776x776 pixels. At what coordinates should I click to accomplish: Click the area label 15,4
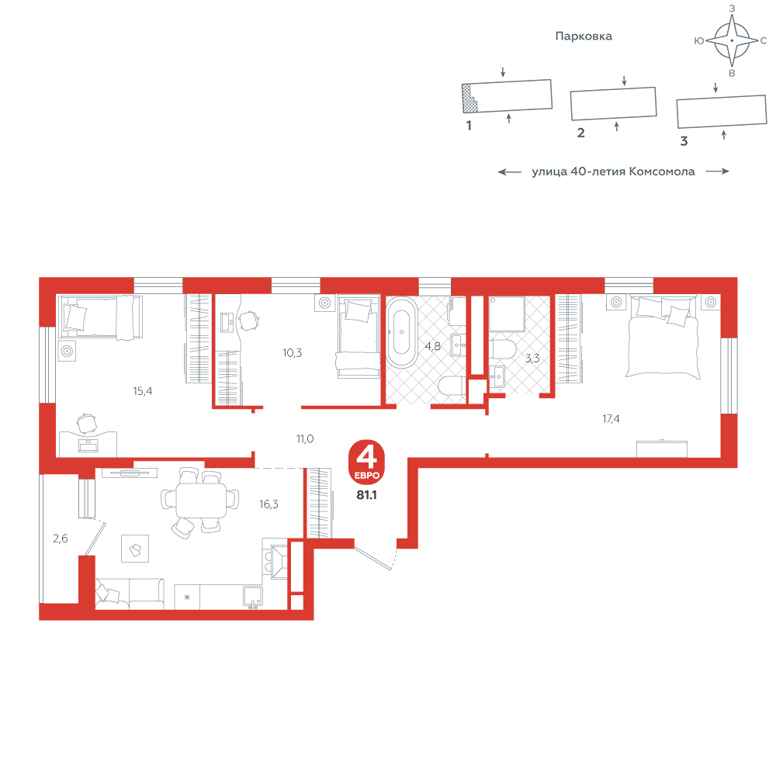(143, 391)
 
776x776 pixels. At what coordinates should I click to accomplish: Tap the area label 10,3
(292, 353)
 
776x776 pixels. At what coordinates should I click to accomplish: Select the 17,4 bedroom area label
(611, 419)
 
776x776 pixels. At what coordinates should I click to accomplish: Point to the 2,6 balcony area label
(61, 539)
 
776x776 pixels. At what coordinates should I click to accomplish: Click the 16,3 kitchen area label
(268, 504)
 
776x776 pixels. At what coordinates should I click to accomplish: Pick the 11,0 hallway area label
(305, 438)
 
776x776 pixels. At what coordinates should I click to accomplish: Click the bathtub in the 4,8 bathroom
(402, 332)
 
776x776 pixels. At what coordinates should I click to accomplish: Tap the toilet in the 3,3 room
(504, 349)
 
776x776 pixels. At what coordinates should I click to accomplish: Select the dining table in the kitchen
(201, 500)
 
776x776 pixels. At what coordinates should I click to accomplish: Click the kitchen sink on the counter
(253, 597)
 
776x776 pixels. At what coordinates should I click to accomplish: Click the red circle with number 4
(367, 462)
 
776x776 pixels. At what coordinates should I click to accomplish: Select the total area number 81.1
(367, 495)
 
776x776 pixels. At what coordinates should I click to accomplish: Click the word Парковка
(584, 36)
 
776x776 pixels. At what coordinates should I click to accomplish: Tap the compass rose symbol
(732, 40)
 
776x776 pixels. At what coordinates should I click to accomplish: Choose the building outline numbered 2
(614, 103)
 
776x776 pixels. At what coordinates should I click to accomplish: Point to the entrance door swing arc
(394, 556)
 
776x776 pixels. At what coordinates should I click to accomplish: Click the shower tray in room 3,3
(507, 314)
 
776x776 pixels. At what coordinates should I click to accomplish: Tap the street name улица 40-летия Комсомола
(613, 171)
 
